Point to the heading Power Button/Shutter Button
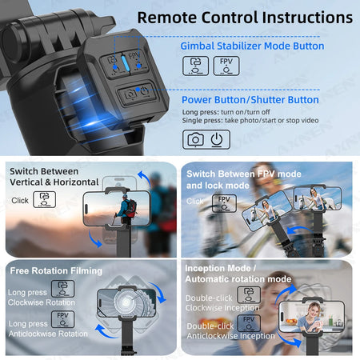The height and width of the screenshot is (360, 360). pyautogui.click(x=250, y=100)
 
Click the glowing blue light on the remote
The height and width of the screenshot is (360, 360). pyautogui.click(x=123, y=62)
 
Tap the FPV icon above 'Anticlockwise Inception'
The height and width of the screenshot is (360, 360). pyautogui.click(x=247, y=322)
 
